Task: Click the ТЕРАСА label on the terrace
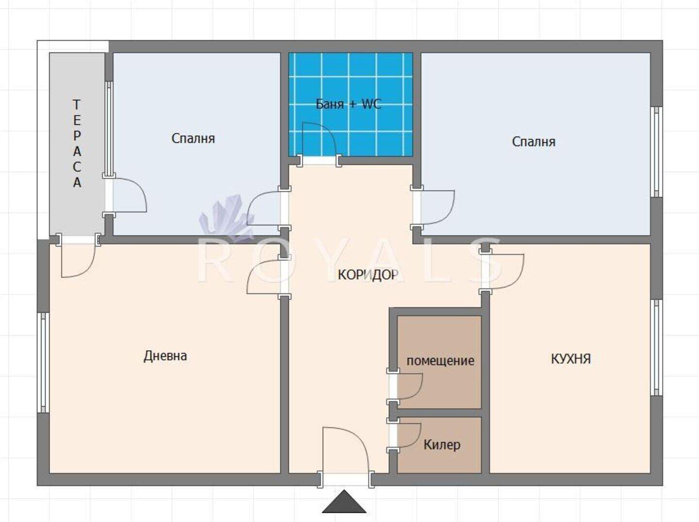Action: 77,143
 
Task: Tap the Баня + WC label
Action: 349,104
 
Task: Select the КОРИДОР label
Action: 368,274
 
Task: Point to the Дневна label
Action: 165,356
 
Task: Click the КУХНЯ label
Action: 571,359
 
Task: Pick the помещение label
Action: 440,361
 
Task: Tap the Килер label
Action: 442,445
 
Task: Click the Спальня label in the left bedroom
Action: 193,138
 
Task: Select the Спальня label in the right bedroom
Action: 533,142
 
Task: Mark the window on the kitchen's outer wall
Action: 656,348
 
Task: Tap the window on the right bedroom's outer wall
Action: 656,152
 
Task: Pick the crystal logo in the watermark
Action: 227,217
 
